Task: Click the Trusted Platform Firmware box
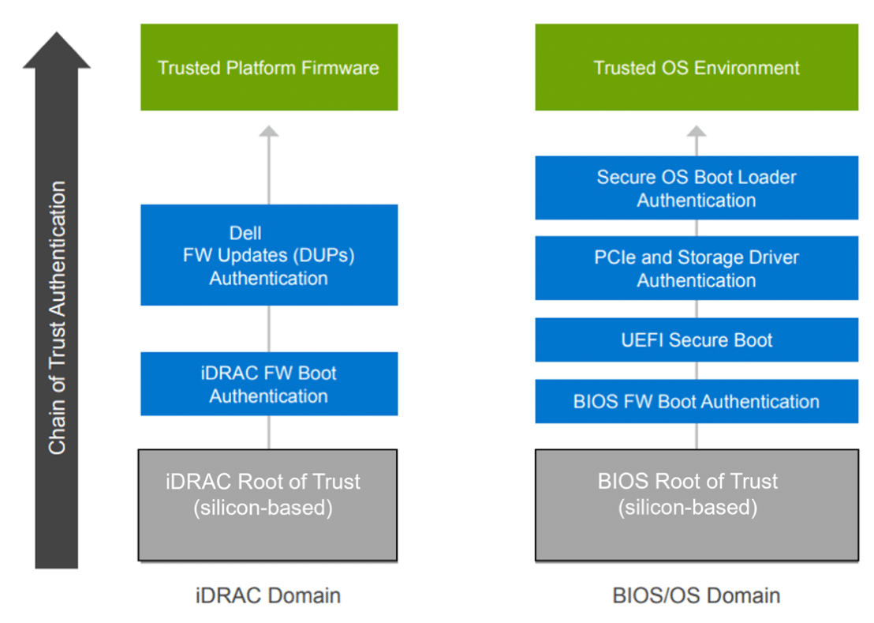[x=269, y=67]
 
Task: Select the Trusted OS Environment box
[x=697, y=67]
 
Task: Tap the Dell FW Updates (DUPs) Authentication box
[x=269, y=255]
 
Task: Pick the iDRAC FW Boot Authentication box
[x=269, y=384]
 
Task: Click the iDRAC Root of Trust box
[x=267, y=505]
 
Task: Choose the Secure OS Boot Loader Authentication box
[x=697, y=188]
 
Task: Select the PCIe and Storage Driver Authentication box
[x=697, y=268]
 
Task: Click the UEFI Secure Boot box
[x=697, y=340]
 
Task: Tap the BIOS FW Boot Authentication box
[x=697, y=402]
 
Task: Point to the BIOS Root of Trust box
[x=697, y=505]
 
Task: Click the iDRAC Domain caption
[x=268, y=595]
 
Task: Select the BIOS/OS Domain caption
[x=697, y=595]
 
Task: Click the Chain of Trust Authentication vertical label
[x=57, y=317]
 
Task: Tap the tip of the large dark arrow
[x=56, y=32]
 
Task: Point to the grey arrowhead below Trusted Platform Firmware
[x=269, y=131]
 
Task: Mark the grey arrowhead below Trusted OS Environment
[x=697, y=131]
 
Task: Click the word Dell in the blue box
[x=245, y=233]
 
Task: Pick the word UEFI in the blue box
[x=642, y=340]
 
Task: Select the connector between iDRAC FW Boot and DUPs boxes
[x=269, y=328]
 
